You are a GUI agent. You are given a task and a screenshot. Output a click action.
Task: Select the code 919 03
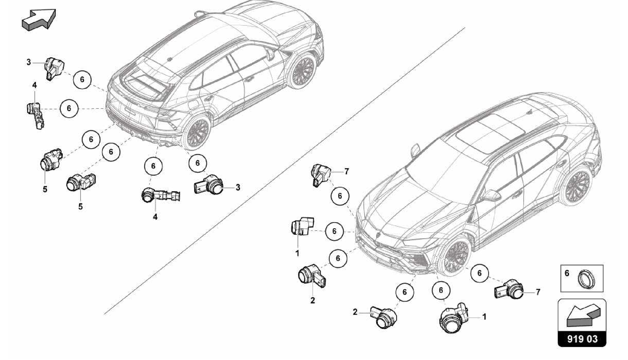point(582,339)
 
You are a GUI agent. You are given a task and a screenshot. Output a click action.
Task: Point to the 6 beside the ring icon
point(567,273)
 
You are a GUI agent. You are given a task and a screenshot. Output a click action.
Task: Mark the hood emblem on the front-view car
point(378,234)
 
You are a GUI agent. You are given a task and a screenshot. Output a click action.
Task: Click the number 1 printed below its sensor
point(297,253)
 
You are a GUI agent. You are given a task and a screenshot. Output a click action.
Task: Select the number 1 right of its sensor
point(484,316)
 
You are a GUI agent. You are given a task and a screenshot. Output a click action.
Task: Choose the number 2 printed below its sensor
point(312,301)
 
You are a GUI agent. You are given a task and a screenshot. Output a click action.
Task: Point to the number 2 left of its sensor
point(355,312)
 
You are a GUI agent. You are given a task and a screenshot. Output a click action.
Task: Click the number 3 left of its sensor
point(29,62)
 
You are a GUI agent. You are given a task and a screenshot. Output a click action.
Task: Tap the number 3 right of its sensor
point(238,187)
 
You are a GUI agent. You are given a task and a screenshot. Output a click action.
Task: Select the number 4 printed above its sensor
point(34,85)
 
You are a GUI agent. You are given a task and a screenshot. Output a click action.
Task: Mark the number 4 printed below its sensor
point(155,217)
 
